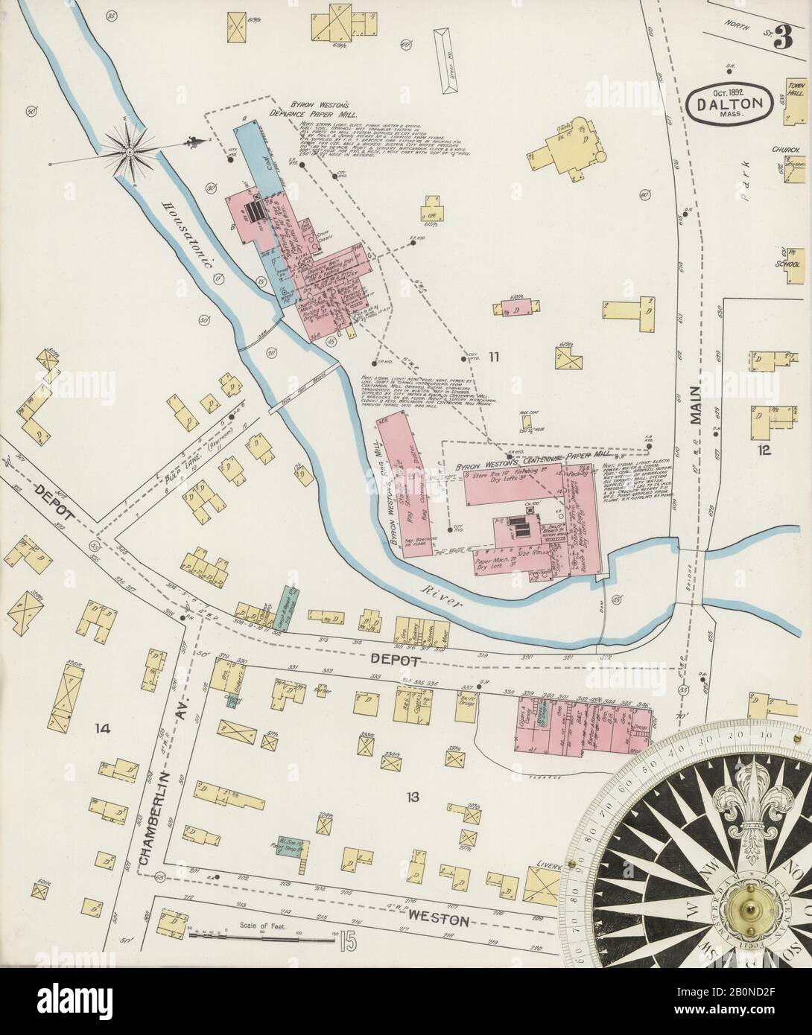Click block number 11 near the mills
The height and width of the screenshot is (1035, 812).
[492, 357]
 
